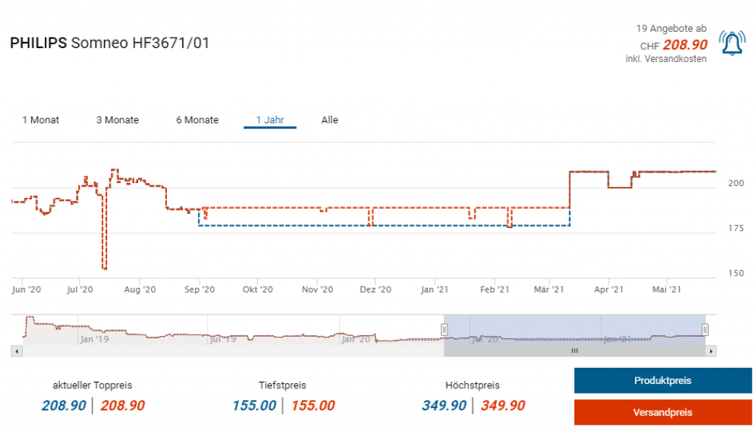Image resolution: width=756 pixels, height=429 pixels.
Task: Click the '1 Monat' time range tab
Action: [x=41, y=120]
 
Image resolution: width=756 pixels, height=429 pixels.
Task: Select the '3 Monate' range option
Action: [x=117, y=120]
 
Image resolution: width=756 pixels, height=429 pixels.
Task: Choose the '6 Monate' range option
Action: [x=197, y=120]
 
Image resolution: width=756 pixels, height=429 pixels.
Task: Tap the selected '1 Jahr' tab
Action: [x=270, y=120]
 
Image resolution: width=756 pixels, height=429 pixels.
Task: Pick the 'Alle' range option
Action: [x=329, y=120]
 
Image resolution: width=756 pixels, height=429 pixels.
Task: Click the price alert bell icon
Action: [x=732, y=44]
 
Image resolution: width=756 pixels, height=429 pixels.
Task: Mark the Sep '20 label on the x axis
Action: [x=199, y=290]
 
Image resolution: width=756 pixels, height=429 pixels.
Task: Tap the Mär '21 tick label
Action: [x=549, y=290]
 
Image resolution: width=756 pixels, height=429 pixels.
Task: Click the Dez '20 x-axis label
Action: [x=375, y=290]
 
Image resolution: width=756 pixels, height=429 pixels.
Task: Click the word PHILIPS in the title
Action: [x=38, y=44]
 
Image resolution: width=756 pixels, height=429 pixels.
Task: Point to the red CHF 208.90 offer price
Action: [x=684, y=45]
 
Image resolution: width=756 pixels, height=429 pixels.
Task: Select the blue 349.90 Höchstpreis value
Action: [x=444, y=405]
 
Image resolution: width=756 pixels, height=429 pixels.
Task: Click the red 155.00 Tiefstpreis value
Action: [x=312, y=405]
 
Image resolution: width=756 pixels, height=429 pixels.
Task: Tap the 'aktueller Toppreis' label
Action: [x=92, y=385]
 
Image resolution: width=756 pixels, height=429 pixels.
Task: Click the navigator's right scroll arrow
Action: [x=711, y=351]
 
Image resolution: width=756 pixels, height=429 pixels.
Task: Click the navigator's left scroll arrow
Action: [x=17, y=351]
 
